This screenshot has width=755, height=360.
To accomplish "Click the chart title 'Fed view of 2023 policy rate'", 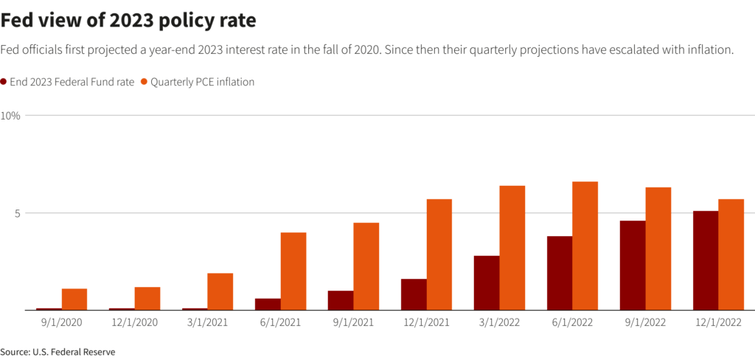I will pyautogui.click(x=128, y=21).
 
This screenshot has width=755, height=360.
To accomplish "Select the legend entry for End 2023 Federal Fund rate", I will pyautogui.click(x=72, y=82).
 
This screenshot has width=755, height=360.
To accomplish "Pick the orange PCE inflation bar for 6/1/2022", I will pyautogui.click(x=585, y=246).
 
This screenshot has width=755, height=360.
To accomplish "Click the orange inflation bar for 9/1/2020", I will pyautogui.click(x=74, y=299).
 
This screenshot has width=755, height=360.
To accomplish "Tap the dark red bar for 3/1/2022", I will pyautogui.click(x=487, y=283).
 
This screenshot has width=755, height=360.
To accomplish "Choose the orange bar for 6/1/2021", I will pyautogui.click(x=293, y=271).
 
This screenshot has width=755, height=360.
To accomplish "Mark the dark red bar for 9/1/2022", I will pyautogui.click(x=633, y=266).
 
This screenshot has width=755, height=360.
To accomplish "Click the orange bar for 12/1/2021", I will pyautogui.click(x=439, y=255).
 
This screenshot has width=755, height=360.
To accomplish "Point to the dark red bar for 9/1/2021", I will pyautogui.click(x=341, y=300).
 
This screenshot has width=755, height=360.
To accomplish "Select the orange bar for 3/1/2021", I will pyautogui.click(x=220, y=291).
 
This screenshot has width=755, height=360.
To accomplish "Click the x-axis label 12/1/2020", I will pyautogui.click(x=134, y=323).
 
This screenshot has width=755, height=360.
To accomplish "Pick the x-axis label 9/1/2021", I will pyautogui.click(x=353, y=323).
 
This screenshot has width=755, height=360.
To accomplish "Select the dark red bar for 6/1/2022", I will pyautogui.click(x=560, y=273).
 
